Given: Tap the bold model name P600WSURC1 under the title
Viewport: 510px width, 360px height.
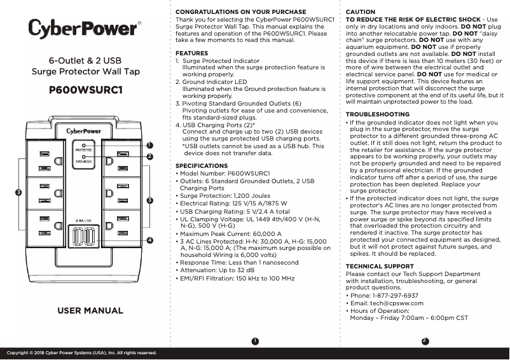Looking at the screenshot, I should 85,90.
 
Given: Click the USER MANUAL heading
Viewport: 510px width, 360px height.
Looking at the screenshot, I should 90,310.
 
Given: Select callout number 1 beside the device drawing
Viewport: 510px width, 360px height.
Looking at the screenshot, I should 149,146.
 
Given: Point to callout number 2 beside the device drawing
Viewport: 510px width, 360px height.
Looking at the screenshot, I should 149,156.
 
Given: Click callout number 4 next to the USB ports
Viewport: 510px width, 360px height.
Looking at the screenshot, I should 149,240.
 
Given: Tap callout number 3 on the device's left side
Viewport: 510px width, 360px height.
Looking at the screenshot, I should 19,192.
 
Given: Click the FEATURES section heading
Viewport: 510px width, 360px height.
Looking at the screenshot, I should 191,53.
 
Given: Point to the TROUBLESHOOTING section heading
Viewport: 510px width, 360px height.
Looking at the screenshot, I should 377,114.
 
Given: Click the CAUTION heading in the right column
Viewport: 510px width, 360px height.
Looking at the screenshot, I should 360,12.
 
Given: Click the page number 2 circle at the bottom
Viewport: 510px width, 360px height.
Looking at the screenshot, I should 425,341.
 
